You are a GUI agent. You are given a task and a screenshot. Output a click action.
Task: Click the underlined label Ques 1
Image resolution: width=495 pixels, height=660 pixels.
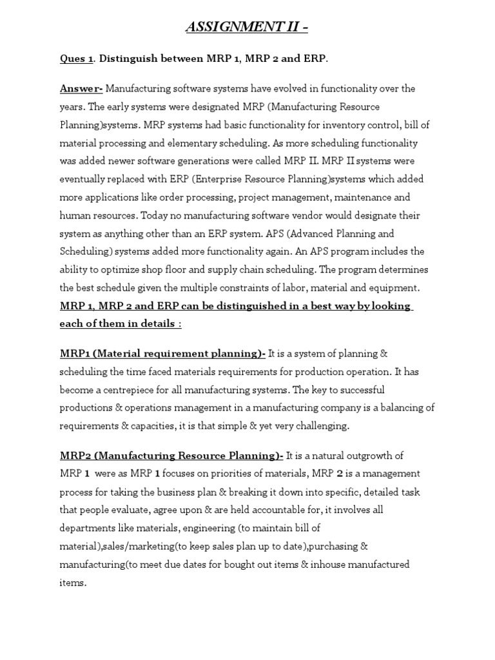[76, 59]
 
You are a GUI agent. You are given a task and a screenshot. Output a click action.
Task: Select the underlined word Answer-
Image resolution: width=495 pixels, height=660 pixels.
[81, 88]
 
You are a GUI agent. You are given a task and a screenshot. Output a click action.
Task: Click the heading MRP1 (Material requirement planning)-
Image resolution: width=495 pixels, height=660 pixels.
[162, 353]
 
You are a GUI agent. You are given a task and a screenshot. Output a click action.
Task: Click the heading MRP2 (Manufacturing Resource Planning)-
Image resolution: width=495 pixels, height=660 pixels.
[171, 456]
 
